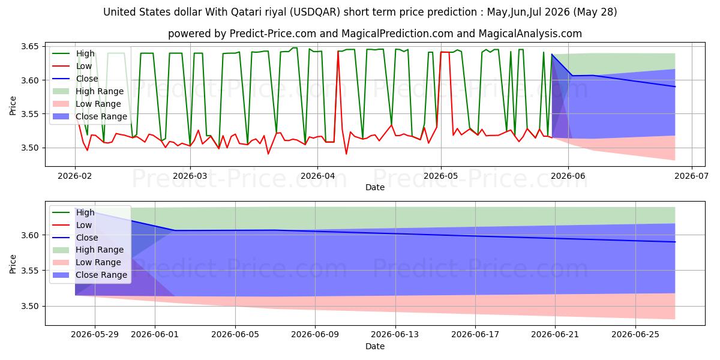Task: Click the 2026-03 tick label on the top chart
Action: click(x=190, y=176)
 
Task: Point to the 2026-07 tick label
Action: click(x=691, y=176)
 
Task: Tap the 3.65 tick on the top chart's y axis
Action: click(x=30, y=47)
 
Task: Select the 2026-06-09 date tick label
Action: click(x=315, y=335)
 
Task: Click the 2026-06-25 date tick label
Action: click(x=635, y=335)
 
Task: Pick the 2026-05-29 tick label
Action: click(x=95, y=335)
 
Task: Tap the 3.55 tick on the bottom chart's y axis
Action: click(x=30, y=271)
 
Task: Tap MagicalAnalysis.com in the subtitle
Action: click(x=530, y=34)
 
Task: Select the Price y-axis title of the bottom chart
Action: click(x=13, y=264)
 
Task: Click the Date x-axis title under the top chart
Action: click(x=375, y=187)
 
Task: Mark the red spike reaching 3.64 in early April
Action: click(x=338, y=51)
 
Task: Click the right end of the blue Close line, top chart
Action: click(x=675, y=86)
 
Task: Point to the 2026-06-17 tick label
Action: click(x=475, y=335)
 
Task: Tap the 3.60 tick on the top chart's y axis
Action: click(x=30, y=80)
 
